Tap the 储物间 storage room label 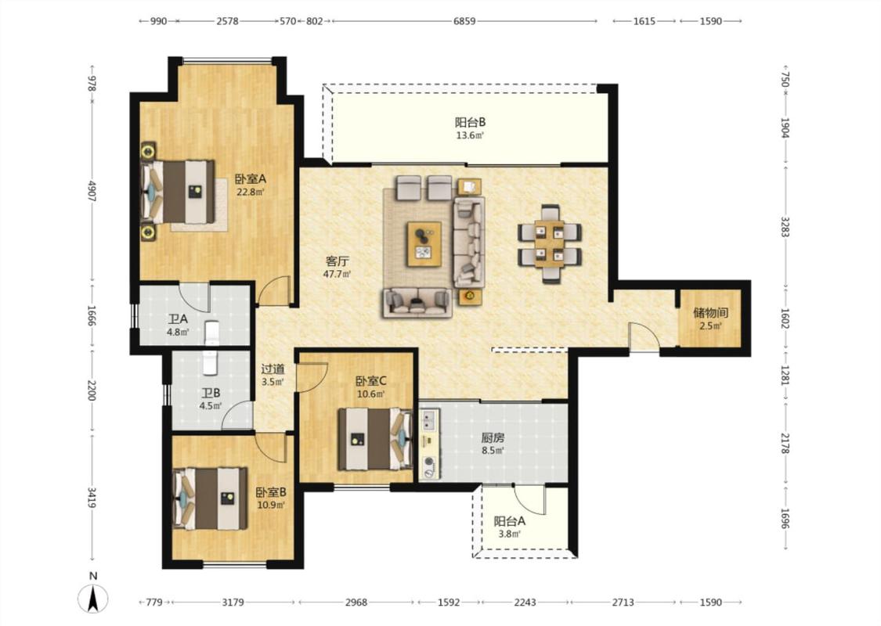711,312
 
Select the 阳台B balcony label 471,122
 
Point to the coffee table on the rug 424,243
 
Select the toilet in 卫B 209,362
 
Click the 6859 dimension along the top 464,21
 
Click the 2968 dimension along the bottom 356,603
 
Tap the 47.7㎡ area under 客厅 337,275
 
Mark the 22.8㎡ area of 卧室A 251,192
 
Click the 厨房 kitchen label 493,438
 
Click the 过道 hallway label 273,369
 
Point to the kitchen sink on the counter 430,419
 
